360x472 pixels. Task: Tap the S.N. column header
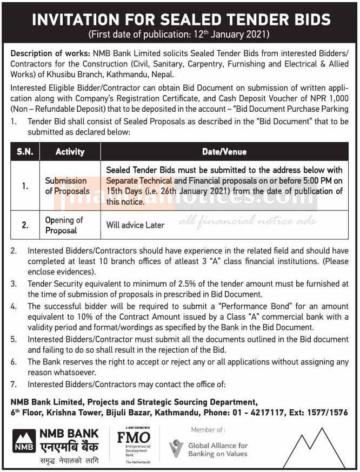coord(24,152)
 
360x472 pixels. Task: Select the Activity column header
coord(70,152)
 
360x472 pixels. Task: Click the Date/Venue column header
coord(224,152)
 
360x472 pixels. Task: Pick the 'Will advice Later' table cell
coord(135,225)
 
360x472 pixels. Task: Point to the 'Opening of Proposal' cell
coord(64,225)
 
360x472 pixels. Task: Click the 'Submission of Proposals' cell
coord(67,186)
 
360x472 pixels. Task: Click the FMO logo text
coord(134,437)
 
